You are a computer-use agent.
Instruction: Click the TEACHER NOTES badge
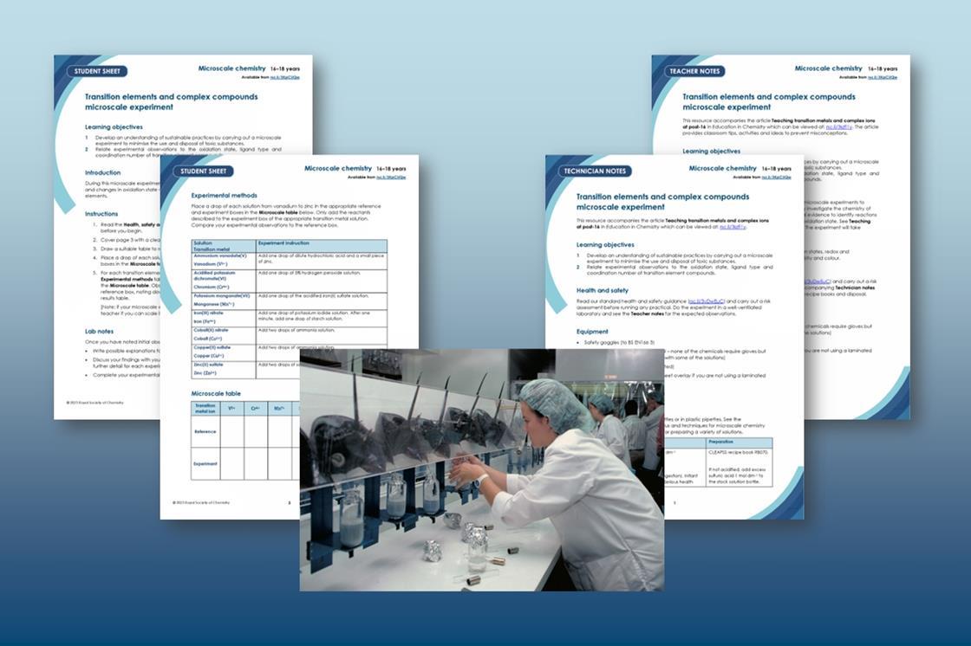click(696, 71)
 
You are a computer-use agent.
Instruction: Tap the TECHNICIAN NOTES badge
click(594, 171)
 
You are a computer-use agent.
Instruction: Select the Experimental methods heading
click(224, 196)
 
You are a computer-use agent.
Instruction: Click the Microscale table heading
click(217, 393)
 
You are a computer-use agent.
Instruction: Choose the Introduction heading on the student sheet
click(102, 172)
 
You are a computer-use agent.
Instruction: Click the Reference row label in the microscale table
click(205, 430)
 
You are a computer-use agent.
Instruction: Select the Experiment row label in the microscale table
click(205, 463)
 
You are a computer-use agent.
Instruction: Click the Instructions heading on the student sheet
click(101, 213)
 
